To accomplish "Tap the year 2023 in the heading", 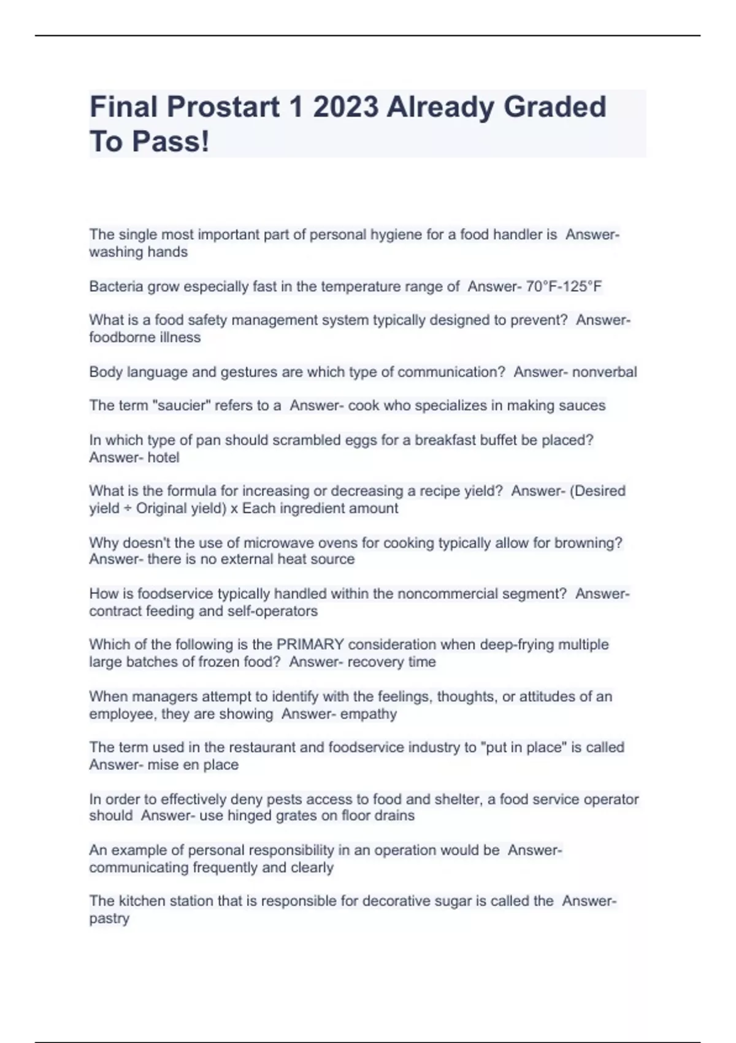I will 345,107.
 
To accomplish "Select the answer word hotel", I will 163,458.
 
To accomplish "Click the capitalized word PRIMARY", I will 310,645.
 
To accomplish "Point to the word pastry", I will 109,919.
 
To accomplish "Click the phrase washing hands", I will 138,252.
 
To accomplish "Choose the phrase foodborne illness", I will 145,337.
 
